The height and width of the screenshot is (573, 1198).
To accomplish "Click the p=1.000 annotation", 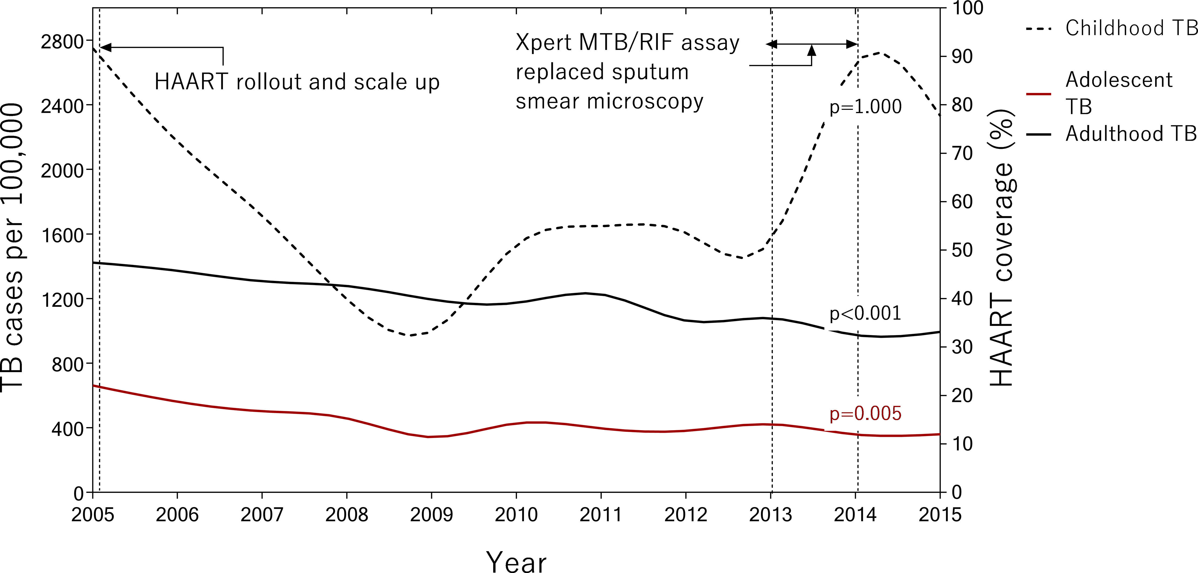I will point(866,107).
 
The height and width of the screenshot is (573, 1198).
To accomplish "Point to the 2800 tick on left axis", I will point(62,42).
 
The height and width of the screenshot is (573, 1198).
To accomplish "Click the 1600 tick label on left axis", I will point(62,235).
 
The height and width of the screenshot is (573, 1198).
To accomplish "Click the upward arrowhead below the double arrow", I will point(812,50).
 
